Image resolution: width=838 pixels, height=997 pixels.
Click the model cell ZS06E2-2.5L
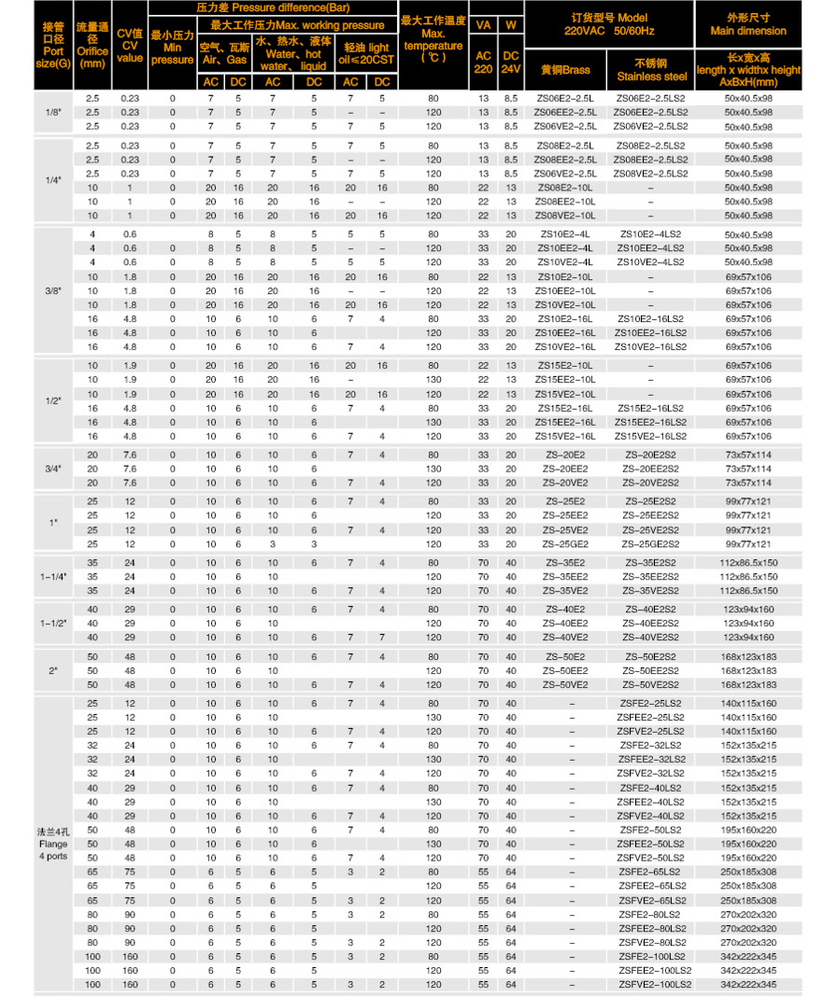565,98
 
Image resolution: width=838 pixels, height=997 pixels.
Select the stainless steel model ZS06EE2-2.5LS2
650,112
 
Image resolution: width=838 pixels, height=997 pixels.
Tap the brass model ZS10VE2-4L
565,262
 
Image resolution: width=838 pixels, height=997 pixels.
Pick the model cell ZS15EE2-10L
565,380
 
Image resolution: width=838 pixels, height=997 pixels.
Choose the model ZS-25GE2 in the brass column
565,544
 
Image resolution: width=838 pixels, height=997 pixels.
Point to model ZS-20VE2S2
650,483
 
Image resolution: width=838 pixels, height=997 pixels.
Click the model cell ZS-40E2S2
650,610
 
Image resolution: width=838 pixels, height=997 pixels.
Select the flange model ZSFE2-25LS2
650,703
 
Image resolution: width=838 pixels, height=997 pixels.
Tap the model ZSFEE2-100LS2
650,971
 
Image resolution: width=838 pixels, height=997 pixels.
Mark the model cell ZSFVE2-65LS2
650,900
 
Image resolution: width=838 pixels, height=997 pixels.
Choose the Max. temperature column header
433,38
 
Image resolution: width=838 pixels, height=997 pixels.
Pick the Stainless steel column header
650,70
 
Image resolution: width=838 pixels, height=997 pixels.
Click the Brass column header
565,70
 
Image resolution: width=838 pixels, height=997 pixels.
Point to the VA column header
483,24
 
